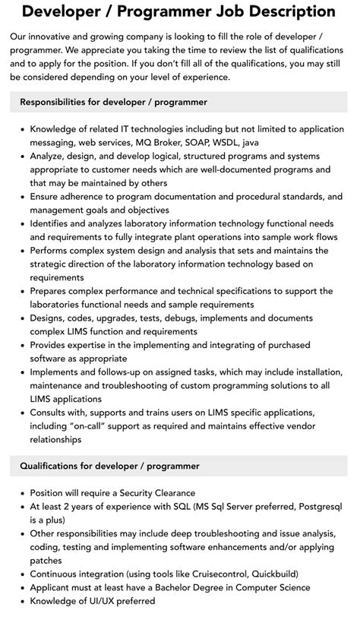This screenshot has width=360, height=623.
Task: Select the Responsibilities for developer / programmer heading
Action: (x=113, y=102)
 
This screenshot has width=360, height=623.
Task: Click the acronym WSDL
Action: (x=243, y=142)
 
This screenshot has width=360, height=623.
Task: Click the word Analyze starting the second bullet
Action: (x=50, y=156)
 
